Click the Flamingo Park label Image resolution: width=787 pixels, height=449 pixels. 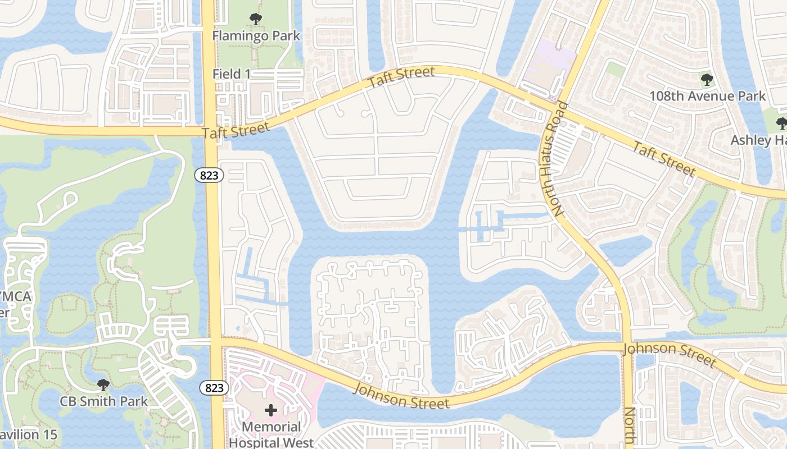click(x=256, y=36)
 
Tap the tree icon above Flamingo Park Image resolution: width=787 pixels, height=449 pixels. click(x=256, y=19)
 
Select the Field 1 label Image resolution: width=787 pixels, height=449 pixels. click(x=232, y=74)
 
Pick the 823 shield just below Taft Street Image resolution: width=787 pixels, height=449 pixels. click(x=210, y=175)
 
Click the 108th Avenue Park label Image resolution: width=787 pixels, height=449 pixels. click(x=707, y=96)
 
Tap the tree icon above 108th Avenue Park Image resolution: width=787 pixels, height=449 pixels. click(x=707, y=79)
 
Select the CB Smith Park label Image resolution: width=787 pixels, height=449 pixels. click(x=104, y=401)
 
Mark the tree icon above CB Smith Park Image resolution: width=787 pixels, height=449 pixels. click(x=103, y=385)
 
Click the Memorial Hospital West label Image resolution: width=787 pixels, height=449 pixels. click(x=271, y=435)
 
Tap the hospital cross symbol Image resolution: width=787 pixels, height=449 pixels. click(x=271, y=410)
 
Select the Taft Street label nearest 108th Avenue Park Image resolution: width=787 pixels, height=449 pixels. click(x=663, y=159)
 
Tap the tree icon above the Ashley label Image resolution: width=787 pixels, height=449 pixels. click(x=781, y=123)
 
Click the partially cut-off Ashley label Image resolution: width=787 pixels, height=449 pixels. click(x=758, y=140)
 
